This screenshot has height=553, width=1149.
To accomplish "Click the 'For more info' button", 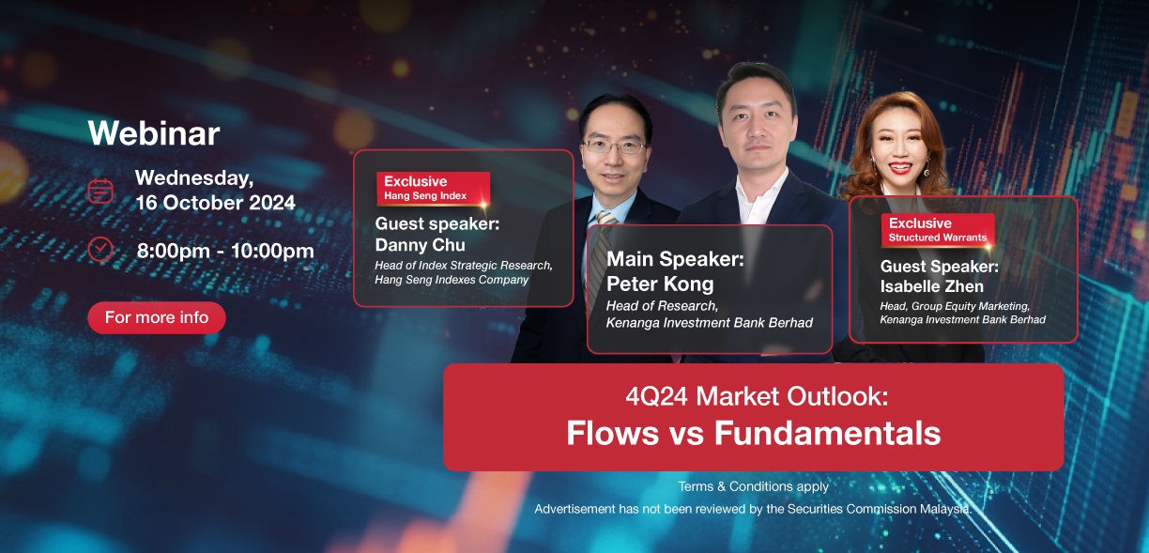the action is pos(157,317).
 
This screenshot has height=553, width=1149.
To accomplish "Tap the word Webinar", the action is pos(154,133).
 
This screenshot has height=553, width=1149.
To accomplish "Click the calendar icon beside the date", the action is pos(100,192).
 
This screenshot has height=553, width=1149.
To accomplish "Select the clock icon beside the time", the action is pos(100,250).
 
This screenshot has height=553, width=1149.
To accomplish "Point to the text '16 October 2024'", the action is pos(216,203).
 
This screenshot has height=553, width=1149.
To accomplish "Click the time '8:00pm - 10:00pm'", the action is pos(225,251).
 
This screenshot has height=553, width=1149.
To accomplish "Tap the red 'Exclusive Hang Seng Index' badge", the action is pos(433,189).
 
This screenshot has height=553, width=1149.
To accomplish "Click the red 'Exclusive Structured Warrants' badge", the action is pos(938,230).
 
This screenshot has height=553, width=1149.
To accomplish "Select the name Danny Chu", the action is pos(421,245).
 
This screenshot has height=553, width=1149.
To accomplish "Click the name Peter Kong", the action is pos(660,284).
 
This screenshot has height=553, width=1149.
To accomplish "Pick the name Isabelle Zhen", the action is pos(931,286).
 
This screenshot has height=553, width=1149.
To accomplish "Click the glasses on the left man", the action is pos(614,146).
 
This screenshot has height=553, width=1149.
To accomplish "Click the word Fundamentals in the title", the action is pos(827,433).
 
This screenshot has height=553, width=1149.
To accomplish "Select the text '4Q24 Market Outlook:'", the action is pos(757,396).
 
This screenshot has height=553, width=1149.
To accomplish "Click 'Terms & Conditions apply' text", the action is pos(753,486).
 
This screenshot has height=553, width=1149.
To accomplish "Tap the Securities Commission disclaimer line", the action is pos(753,509).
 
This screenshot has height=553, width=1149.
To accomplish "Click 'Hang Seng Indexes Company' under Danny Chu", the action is pos(452,280).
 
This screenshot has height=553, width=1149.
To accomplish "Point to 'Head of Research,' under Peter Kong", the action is pos(662,306).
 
